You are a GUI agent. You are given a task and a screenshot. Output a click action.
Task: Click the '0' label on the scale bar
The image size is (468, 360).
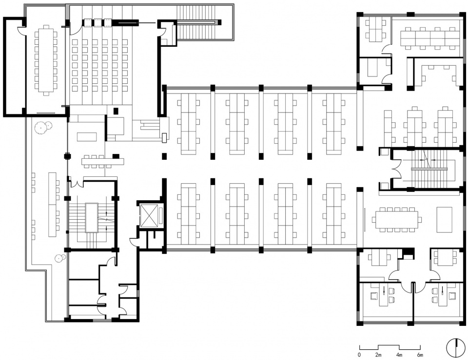click(359, 355)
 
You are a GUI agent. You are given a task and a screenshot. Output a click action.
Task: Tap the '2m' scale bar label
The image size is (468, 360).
click(378, 355)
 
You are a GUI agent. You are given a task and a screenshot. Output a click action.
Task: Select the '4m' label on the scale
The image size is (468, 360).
click(399, 355)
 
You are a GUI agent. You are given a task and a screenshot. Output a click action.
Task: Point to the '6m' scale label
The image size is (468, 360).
click(420, 355)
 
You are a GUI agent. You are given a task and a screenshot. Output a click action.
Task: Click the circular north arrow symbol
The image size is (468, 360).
click(455, 348)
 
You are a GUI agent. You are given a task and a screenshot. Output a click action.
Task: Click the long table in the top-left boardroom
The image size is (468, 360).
click(45, 60)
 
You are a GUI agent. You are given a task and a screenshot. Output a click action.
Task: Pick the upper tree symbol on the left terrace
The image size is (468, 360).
click(40, 128)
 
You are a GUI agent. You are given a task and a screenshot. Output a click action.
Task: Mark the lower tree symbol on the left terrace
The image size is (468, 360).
click(60, 257)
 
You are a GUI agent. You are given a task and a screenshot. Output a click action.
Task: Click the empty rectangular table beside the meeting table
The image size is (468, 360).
click(444, 220)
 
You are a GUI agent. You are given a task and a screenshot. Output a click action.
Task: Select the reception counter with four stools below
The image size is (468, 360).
click(103, 161)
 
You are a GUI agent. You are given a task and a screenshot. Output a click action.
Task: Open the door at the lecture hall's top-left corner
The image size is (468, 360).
click(75, 30)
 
